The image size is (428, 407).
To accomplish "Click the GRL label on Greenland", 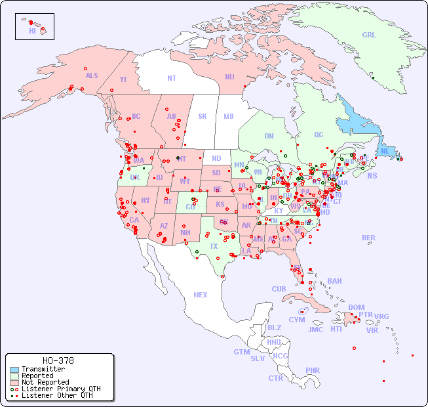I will (x=369, y=35).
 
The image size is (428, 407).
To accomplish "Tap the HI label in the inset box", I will (x=32, y=31).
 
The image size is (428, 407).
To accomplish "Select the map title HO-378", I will (x=58, y=360).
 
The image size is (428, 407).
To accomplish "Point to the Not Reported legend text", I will (x=45, y=382).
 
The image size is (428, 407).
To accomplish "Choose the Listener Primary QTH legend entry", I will (x=60, y=389).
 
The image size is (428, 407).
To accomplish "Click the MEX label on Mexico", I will (x=201, y=295).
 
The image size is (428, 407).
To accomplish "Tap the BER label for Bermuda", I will (x=369, y=238).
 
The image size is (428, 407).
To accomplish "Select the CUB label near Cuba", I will (x=279, y=289).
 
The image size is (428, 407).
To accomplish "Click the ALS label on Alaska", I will (x=92, y=75).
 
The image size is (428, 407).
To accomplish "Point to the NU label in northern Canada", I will (x=229, y=77).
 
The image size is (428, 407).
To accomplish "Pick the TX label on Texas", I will (x=214, y=246).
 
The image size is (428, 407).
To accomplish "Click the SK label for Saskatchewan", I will (x=203, y=116).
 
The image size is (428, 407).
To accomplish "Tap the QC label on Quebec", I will (x=319, y=135).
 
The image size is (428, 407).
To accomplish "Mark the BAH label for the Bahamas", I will (x=334, y=281).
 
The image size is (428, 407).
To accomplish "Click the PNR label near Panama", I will (x=313, y=370).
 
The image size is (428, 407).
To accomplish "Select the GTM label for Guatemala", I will (x=241, y=352).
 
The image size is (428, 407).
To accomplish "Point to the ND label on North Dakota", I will (x=216, y=158).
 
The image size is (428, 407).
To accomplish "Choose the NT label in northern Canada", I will (x=171, y=77).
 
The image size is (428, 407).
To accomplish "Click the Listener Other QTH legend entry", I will (x=56, y=395).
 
